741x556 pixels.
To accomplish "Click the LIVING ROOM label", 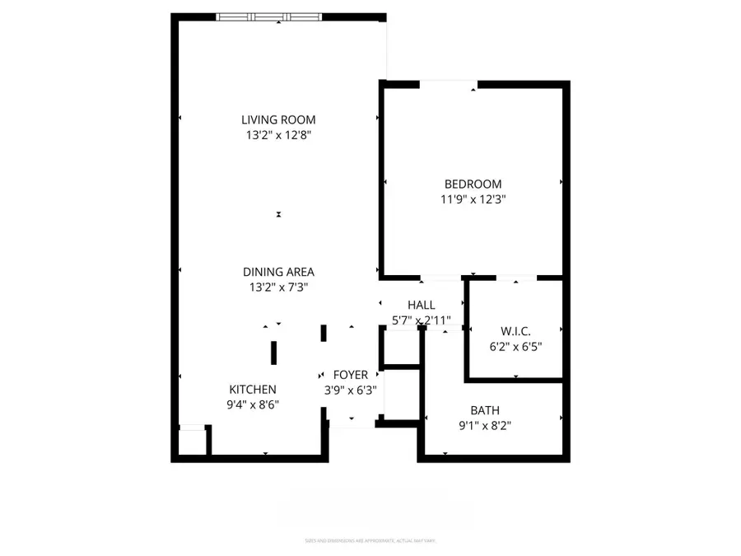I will (278, 119).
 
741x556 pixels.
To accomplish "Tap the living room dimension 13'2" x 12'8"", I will (278, 134).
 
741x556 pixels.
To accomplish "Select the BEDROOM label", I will (473, 185).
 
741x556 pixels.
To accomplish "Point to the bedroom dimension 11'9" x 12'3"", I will (473, 199).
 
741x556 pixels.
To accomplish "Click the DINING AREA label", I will (278, 272).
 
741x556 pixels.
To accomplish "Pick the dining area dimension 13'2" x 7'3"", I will (278, 287).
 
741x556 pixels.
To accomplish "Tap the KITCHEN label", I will (252, 390).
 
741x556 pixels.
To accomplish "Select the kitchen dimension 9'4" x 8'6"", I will (252, 404).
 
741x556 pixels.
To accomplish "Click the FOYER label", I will (350, 376).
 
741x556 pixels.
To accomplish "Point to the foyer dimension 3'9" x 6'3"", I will (350, 390).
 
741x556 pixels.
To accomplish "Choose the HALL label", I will (421, 306).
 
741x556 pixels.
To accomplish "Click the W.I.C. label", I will (515, 331).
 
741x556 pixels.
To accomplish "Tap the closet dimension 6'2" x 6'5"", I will (515, 346).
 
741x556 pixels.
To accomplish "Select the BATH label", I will (485, 410).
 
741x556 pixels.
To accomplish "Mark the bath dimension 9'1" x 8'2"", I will (485, 425).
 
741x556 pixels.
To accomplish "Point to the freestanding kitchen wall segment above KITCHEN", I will (273, 352).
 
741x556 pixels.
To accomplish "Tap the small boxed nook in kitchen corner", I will (192, 442).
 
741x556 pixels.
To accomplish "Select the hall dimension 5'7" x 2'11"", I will (421, 320).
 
